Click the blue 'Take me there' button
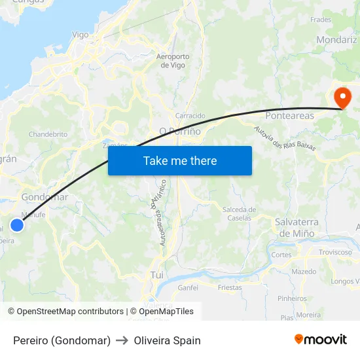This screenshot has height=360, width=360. tap(180, 160)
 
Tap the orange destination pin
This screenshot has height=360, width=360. tap(342, 98)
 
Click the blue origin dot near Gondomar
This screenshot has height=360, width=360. tap(17, 225)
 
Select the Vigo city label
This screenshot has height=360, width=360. tap(80, 35)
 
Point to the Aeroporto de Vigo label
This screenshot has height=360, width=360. tap(173, 61)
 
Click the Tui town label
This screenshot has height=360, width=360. tap(157, 275)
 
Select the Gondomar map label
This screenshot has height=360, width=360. tap(45, 197)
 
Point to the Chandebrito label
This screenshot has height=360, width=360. tap(48, 134)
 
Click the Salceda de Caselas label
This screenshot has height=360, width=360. tap(240, 213)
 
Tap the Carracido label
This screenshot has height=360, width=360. tap(190, 116)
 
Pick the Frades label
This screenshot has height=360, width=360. tap(321, 20)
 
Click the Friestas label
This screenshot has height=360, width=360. tap(230, 287)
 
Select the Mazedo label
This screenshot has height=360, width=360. tap(304, 271)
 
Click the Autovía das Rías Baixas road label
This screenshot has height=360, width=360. tap(285, 137)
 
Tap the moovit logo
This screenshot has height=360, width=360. tap(321, 340)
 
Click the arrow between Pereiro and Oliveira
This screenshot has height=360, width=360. tap(122, 340)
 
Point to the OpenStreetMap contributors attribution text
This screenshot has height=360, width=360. tap(65, 312)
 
